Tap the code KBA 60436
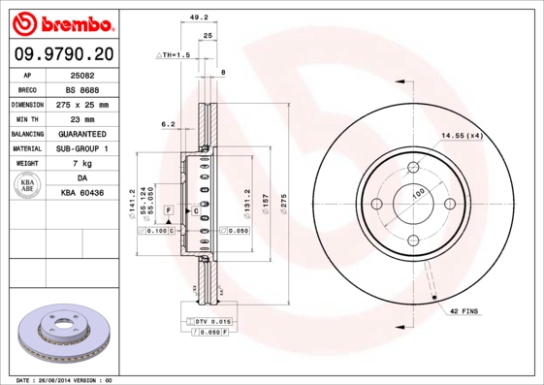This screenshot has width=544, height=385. (81, 194)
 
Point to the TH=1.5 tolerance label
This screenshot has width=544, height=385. (176, 56)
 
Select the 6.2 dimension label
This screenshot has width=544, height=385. (168, 124)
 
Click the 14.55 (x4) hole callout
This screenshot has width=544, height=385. (462, 136)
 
